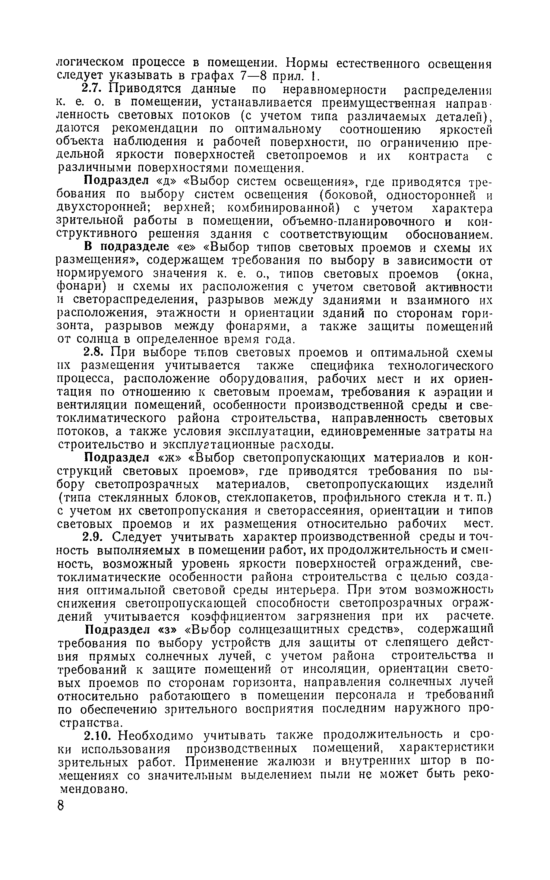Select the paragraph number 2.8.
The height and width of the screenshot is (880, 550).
click(x=91, y=352)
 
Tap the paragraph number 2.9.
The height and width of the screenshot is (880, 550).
click(x=91, y=537)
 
